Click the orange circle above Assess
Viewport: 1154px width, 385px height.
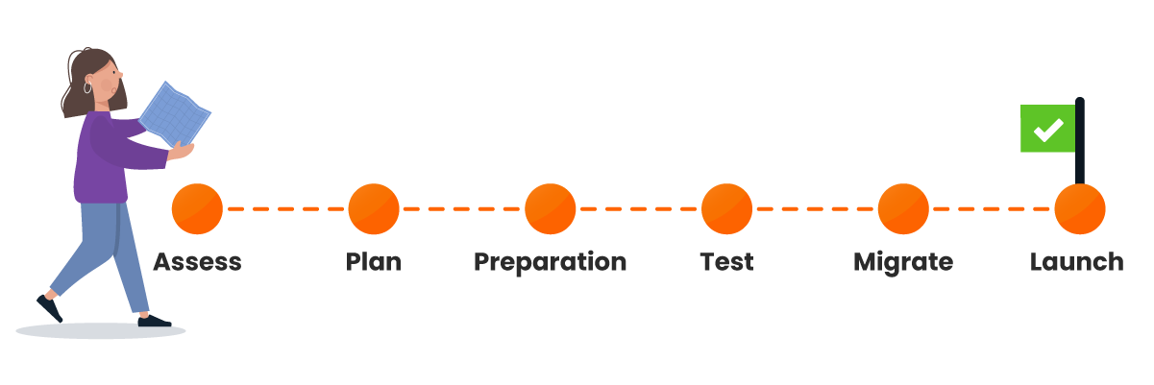point(197,209)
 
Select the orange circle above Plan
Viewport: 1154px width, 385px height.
point(374,209)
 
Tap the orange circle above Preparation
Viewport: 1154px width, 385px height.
point(551,209)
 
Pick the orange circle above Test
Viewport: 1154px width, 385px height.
point(727,209)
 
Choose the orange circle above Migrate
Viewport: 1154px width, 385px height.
point(903,209)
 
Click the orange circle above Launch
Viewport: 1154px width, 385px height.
point(1080,209)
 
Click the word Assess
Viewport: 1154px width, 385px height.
point(197,262)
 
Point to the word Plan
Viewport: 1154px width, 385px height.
point(374,262)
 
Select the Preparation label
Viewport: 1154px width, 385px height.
point(551,262)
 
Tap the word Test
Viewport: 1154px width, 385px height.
point(727,262)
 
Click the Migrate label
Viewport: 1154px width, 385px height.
point(903,262)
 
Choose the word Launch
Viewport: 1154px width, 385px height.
point(1077,262)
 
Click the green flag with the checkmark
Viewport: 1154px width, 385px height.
point(1047,129)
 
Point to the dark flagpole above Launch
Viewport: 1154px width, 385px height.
point(1080,144)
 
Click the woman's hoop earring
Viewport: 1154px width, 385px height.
point(88,87)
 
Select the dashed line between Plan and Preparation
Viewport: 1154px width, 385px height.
point(462,208)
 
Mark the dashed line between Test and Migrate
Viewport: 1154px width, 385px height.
point(816,208)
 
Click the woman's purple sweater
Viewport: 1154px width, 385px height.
point(101,158)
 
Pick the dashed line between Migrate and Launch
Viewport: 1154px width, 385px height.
point(992,208)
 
